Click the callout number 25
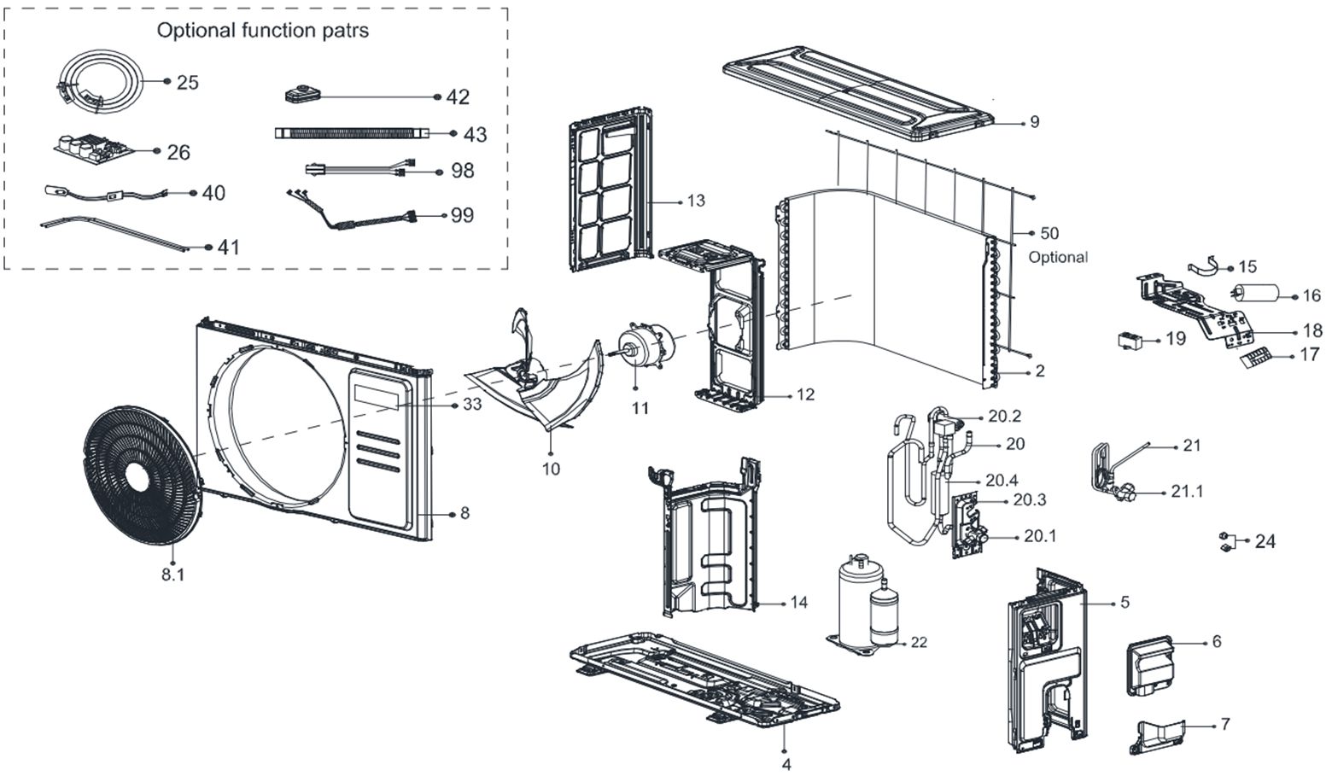click(188, 83)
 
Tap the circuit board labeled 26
click(91, 149)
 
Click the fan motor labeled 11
click(646, 347)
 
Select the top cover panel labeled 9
click(858, 90)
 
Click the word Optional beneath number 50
click(1058, 257)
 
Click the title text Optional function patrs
click(263, 31)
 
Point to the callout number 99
click(462, 215)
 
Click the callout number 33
click(472, 404)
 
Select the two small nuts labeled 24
click(1225, 541)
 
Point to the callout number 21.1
click(1187, 493)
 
